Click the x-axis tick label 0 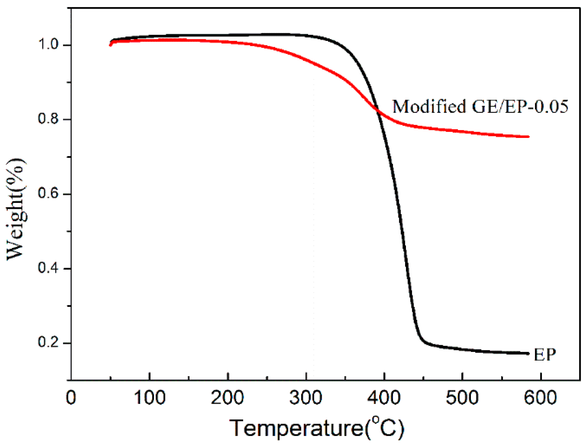tap(71, 398)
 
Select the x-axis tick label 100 tap(149, 398)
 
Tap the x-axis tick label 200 tap(227, 398)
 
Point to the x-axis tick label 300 tap(306, 398)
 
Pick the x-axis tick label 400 tap(384, 398)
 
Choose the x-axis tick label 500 tap(462, 398)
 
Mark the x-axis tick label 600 tap(540, 398)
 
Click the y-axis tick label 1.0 tap(48, 44)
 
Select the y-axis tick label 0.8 tap(48, 119)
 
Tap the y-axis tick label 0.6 tap(48, 194)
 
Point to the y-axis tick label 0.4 tap(48, 268)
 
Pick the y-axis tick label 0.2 tap(48, 343)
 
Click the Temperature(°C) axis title tap(317, 428)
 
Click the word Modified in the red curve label tap(429, 107)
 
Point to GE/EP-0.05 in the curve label tap(520, 107)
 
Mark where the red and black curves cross tap(378, 111)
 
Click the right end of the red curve tap(528, 137)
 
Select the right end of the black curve tap(528, 353)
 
